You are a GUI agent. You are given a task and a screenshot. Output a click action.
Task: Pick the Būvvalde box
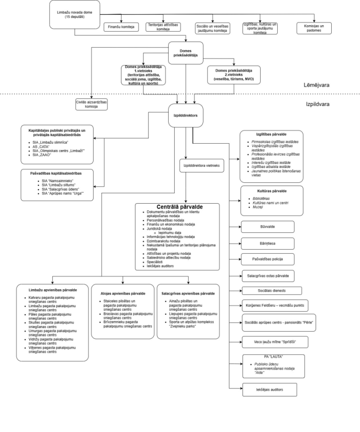[268, 226]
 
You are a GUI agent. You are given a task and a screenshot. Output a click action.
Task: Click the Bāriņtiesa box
[268, 243]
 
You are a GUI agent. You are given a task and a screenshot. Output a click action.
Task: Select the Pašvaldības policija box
[268, 259]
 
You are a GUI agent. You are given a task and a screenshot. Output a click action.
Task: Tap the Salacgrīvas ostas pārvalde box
[268, 275]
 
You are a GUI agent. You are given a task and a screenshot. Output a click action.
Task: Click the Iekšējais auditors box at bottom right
[270, 388]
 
